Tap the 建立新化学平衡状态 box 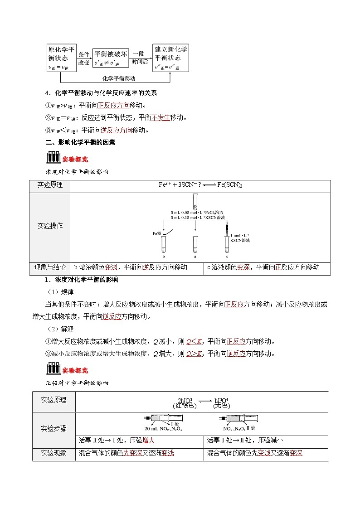point(171,58)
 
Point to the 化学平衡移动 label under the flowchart point(119,78)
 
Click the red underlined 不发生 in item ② point(160,117)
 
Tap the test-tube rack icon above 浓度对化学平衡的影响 point(53,157)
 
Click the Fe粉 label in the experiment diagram point(157,233)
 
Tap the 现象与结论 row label point(50,267)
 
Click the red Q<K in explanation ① point(194,341)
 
